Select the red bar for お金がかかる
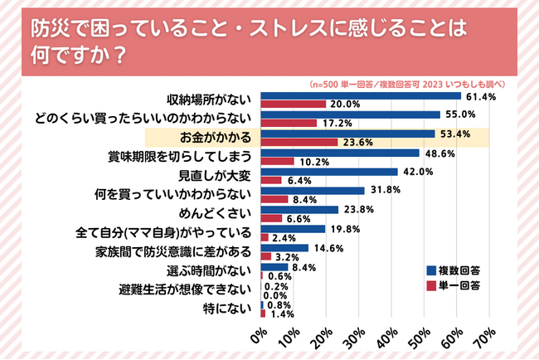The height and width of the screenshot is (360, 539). (299, 142)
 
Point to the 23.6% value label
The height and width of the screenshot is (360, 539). (357, 143)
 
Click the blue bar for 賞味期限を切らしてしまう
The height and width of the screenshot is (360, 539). (339, 153)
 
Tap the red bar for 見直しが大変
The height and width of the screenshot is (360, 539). (271, 180)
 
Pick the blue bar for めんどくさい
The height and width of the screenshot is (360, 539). (299, 211)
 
